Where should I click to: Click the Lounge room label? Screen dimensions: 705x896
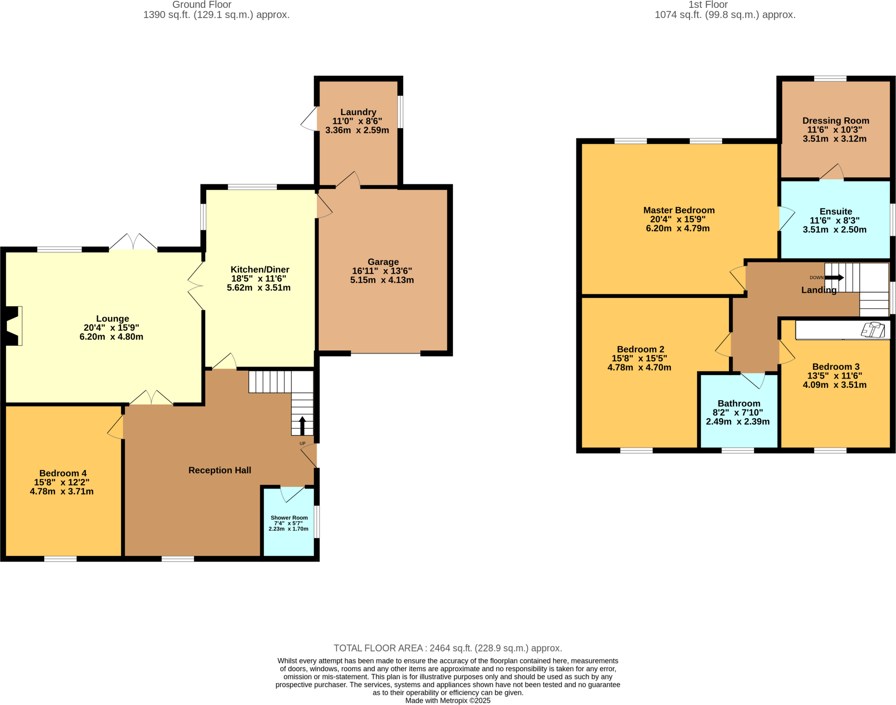112,319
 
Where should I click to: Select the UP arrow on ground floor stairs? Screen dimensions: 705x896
302,425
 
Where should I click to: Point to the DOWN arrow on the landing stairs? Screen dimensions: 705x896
834,277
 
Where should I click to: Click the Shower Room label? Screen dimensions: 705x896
289,518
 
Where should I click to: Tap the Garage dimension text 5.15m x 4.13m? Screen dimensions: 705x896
381,280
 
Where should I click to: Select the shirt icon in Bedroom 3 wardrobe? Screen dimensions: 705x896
873,330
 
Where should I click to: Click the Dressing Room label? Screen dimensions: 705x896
836,121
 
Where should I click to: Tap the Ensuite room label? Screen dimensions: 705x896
836,212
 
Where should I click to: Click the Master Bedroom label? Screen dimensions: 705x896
679,210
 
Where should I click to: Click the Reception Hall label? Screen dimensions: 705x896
220,470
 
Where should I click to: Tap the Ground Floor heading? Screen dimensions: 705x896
202,5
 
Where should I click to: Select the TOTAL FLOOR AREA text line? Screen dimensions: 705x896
448,648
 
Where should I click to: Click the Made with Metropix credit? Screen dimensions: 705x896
448,701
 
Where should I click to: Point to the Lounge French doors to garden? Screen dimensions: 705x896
133,243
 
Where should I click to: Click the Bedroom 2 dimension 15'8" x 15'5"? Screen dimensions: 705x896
639,358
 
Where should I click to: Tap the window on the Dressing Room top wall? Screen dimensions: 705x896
830,79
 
